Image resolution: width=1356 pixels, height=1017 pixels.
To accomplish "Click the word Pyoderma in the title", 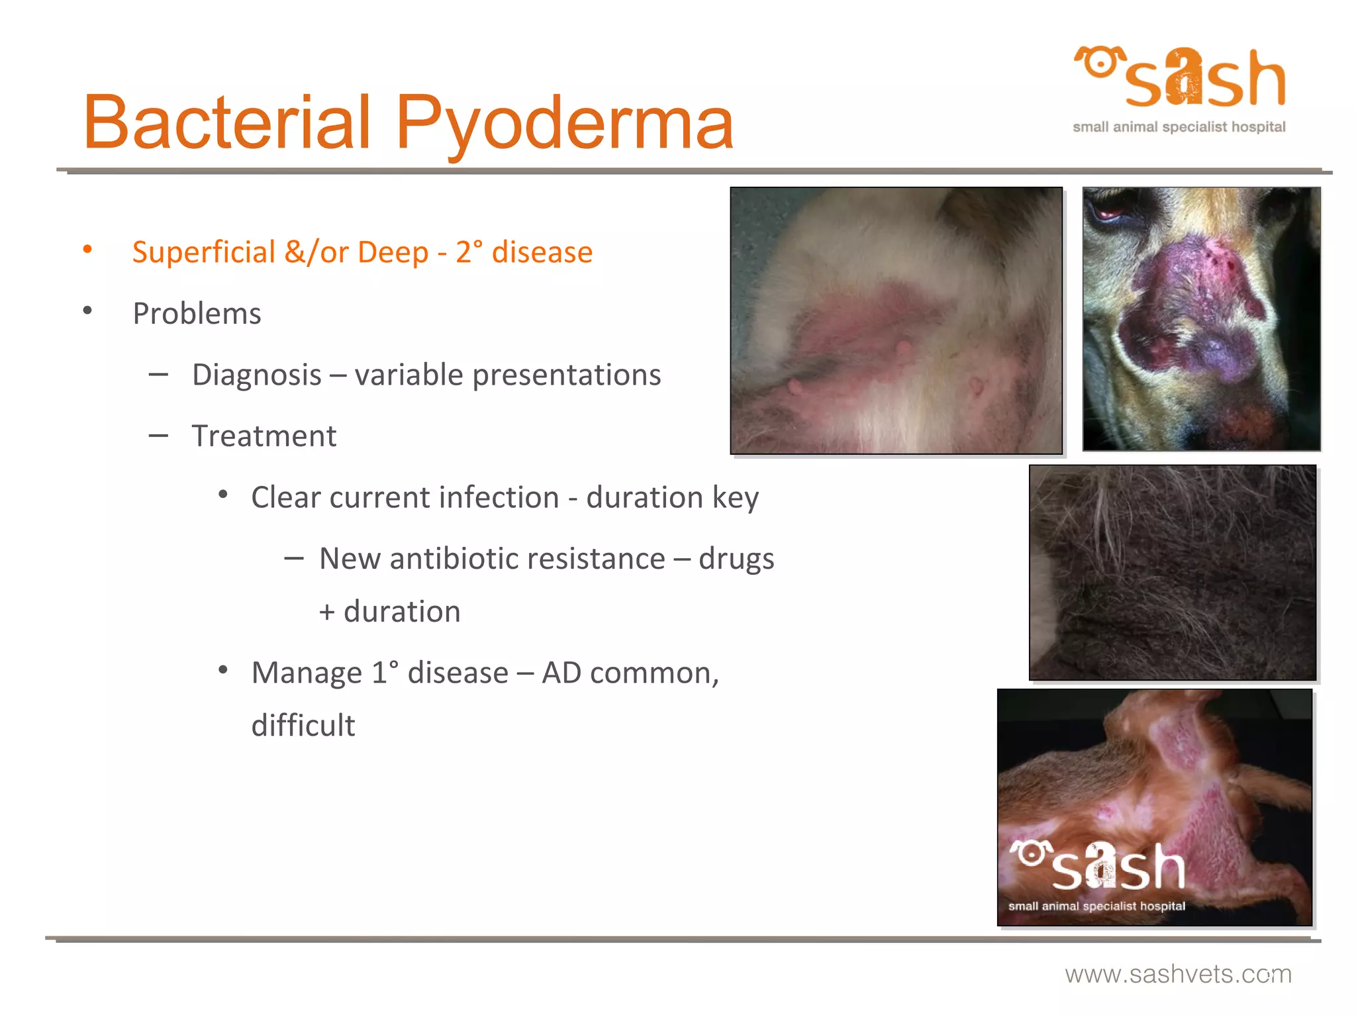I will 564,123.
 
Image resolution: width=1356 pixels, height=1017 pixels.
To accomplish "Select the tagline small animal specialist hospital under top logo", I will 1179,127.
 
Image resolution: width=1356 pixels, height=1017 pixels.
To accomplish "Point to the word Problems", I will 197,314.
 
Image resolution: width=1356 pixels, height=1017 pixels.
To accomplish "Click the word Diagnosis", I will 256,375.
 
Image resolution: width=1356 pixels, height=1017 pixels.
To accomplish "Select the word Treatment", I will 264,436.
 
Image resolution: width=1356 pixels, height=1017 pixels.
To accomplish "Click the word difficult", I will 303,726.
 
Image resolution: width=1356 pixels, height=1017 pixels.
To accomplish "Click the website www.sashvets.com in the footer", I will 1178,974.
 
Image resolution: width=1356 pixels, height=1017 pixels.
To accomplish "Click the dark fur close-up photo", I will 1173,573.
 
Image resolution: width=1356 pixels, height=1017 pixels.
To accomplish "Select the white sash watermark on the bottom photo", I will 1099,867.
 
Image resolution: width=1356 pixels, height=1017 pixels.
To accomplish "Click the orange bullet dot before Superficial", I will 87,250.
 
